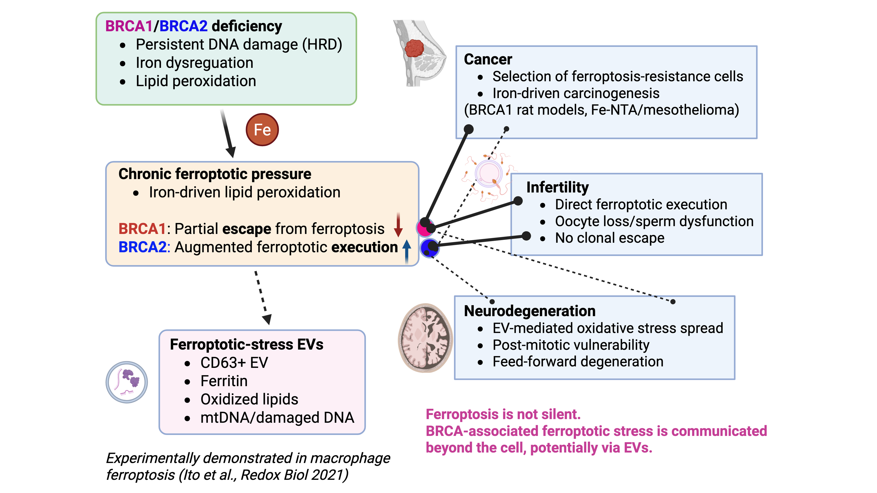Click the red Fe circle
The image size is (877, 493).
coord(262,130)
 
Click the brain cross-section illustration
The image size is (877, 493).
coord(425,338)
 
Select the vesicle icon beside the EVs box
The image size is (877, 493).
coord(127,382)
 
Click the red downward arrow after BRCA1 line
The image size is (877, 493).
coord(398,225)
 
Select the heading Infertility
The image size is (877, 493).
coord(557,187)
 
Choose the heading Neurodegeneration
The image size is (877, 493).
coord(529,311)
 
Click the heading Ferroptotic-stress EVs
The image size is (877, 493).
coord(246,344)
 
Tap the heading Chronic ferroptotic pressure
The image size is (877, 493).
coord(214,174)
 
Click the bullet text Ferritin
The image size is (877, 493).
coord(224,381)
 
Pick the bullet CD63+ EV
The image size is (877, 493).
coord(234,363)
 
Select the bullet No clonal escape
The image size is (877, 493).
coord(609,238)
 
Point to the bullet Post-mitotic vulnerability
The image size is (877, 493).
coord(571,345)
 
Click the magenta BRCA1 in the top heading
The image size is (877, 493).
coord(129,26)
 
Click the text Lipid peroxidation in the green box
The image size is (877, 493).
coord(196,81)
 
